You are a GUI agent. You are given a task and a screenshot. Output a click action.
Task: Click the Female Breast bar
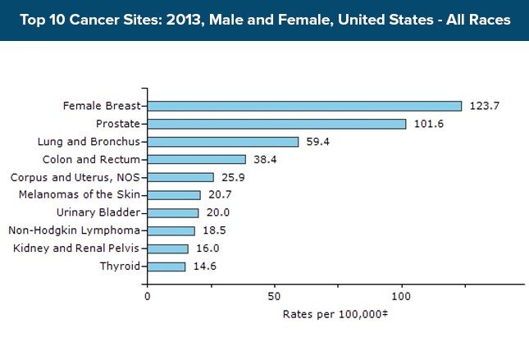(x=304, y=106)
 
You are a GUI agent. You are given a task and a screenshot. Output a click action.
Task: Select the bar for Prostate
(x=276, y=124)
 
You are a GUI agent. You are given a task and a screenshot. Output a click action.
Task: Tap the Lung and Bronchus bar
(x=223, y=141)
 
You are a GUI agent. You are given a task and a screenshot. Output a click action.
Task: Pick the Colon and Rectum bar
(x=196, y=159)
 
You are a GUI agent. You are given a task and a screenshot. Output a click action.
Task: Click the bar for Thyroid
(x=166, y=267)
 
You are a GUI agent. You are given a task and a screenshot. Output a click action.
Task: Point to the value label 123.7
(x=484, y=106)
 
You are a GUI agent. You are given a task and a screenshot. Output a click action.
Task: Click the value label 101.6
(x=428, y=124)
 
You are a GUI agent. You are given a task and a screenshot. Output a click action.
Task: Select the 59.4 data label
(x=318, y=142)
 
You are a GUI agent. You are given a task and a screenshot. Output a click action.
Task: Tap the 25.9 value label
(x=233, y=177)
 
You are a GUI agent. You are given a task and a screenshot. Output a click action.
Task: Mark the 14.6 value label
(x=204, y=267)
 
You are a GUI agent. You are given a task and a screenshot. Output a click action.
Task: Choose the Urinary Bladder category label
(x=104, y=212)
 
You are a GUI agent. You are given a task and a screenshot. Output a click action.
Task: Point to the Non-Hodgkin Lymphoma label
(x=75, y=230)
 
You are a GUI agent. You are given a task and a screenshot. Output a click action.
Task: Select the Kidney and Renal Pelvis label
(x=76, y=248)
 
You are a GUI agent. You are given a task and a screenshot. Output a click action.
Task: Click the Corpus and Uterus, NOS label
(x=75, y=177)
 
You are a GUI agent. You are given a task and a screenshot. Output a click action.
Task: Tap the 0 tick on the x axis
(x=148, y=296)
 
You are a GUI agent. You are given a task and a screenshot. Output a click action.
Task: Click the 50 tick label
(x=275, y=296)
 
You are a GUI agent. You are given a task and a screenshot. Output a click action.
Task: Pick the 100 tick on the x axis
(x=402, y=296)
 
